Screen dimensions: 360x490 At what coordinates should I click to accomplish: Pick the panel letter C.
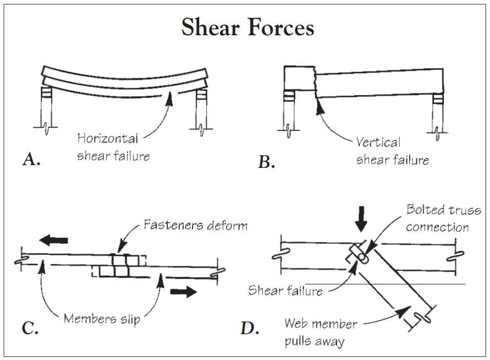30,328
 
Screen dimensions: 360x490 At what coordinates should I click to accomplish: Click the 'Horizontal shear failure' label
113,148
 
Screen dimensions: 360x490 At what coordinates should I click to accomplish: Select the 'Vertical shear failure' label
392,151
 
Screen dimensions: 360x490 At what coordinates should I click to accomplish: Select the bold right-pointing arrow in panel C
183,291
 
